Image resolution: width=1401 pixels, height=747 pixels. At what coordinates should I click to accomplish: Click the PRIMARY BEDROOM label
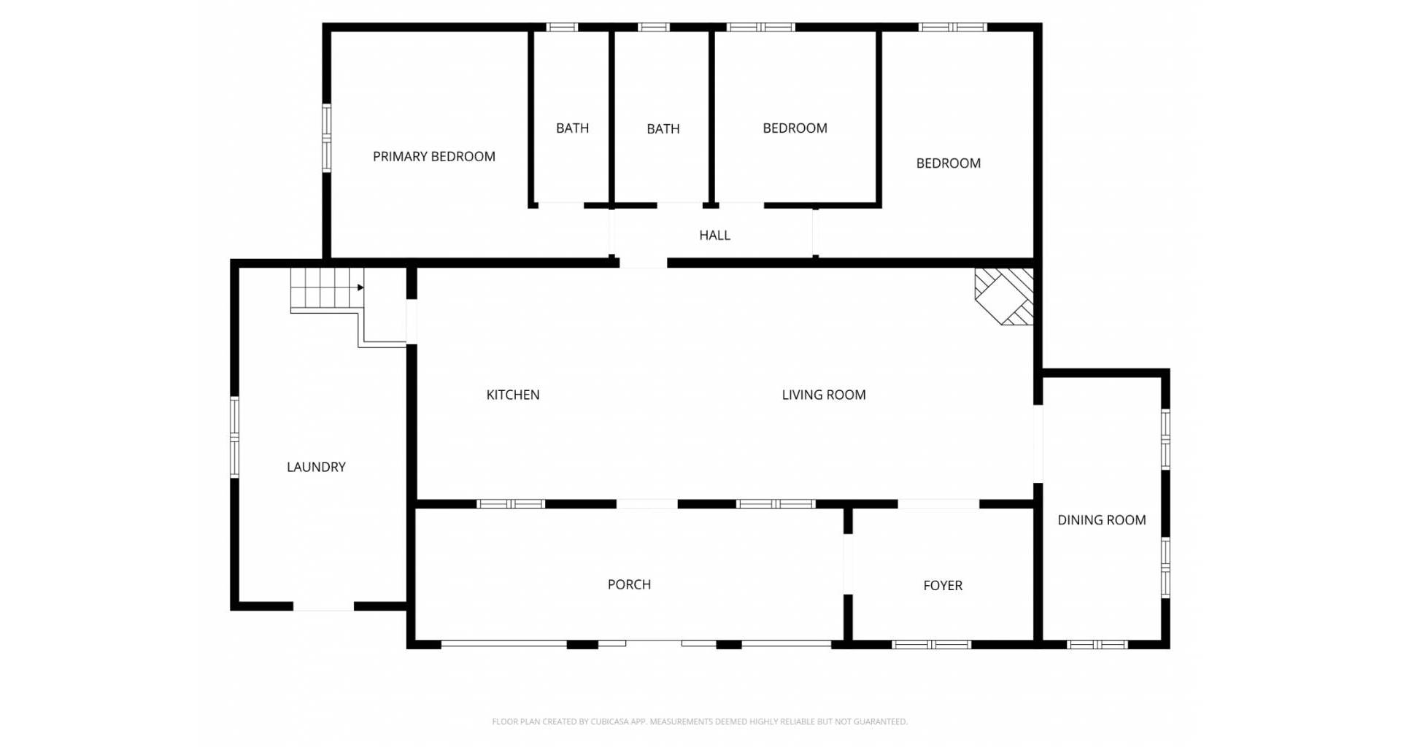(434, 156)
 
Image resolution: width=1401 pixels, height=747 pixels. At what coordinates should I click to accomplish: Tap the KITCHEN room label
(513, 395)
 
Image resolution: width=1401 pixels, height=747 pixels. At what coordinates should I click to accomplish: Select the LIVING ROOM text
(824, 395)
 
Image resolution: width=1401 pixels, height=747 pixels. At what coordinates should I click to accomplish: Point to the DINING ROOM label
(1102, 520)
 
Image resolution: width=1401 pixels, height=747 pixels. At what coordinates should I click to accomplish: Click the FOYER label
(943, 585)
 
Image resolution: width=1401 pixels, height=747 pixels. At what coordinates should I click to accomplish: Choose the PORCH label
(629, 584)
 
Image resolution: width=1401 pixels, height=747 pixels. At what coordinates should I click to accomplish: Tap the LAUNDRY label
(316, 467)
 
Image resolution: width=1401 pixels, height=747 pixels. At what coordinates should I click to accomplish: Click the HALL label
(714, 235)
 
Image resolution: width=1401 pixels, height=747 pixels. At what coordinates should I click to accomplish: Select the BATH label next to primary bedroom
(572, 128)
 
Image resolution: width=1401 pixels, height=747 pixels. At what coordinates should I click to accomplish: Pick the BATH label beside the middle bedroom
(663, 129)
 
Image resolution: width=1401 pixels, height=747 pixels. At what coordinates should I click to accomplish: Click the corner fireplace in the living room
(1005, 296)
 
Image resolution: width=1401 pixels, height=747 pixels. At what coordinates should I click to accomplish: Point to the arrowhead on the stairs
(360, 287)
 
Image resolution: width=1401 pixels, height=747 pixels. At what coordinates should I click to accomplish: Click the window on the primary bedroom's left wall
(327, 138)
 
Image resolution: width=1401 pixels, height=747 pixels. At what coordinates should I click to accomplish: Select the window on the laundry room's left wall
(234, 437)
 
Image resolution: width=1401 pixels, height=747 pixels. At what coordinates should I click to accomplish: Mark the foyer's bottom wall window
(932, 644)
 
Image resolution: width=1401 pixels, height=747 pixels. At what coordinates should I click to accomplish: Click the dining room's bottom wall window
(1097, 644)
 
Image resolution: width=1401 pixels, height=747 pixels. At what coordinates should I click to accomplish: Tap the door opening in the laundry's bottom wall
(323, 606)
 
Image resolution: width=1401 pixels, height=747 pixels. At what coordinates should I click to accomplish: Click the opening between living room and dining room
(1038, 444)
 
